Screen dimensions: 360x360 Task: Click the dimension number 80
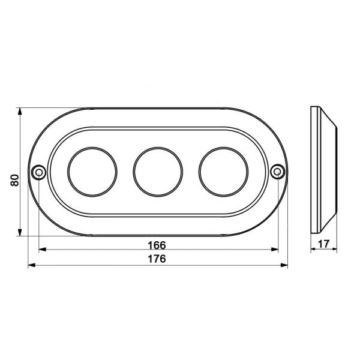tap(14, 180)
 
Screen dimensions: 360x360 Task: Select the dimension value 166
tap(157, 245)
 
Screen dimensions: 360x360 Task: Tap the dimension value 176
tap(157, 259)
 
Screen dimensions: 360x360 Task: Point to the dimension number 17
tap(324, 244)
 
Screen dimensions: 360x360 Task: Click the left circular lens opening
tap(92, 148)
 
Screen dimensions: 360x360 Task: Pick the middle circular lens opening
tap(158, 148)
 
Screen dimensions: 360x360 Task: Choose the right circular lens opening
tap(223, 148)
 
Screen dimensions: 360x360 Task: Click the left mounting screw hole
tap(39, 172)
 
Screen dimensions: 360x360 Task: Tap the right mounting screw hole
tap(278, 171)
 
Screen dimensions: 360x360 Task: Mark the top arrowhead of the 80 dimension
tap(20, 112)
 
